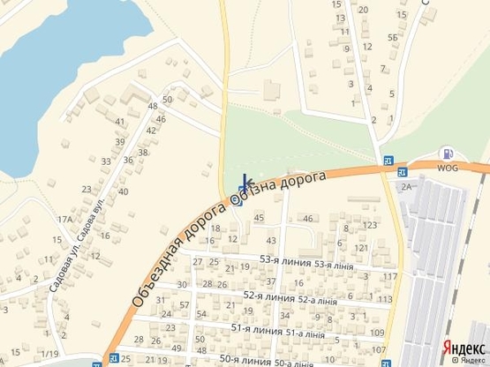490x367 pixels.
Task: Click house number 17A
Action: click(x=64, y=220)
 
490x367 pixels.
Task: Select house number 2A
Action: click(x=407, y=186)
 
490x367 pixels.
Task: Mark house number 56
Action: click(x=392, y=37)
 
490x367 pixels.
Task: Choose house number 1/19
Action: click(x=49, y=354)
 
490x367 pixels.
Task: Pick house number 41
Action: click(x=121, y=122)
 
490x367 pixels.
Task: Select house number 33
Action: click(x=106, y=161)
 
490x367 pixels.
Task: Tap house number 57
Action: click(x=185, y=305)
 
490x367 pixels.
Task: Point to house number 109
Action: click(x=377, y=333)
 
